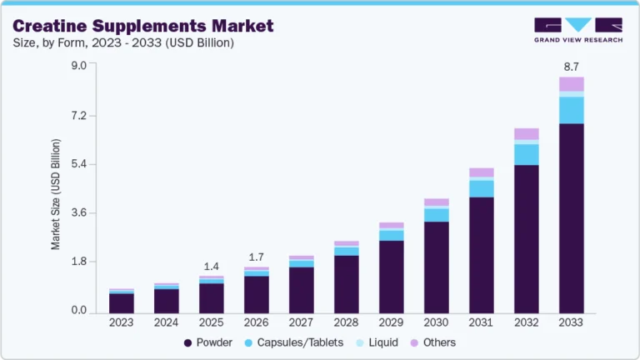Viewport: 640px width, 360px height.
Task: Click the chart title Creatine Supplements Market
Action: [x=142, y=26]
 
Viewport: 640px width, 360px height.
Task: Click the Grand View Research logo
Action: [x=577, y=30]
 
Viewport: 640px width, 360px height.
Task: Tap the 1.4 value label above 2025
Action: [x=211, y=266]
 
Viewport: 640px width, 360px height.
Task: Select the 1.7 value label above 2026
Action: [x=256, y=257]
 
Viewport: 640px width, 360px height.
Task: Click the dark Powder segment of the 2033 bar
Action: [x=571, y=217]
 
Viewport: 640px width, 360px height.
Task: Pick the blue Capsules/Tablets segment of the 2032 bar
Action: [x=526, y=154]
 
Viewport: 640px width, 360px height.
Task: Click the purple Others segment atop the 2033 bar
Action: [x=571, y=83]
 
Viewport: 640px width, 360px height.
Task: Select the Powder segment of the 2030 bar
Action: [x=436, y=267]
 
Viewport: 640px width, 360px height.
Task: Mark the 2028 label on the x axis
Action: [x=346, y=322]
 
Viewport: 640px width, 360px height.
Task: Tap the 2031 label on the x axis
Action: [x=481, y=322]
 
